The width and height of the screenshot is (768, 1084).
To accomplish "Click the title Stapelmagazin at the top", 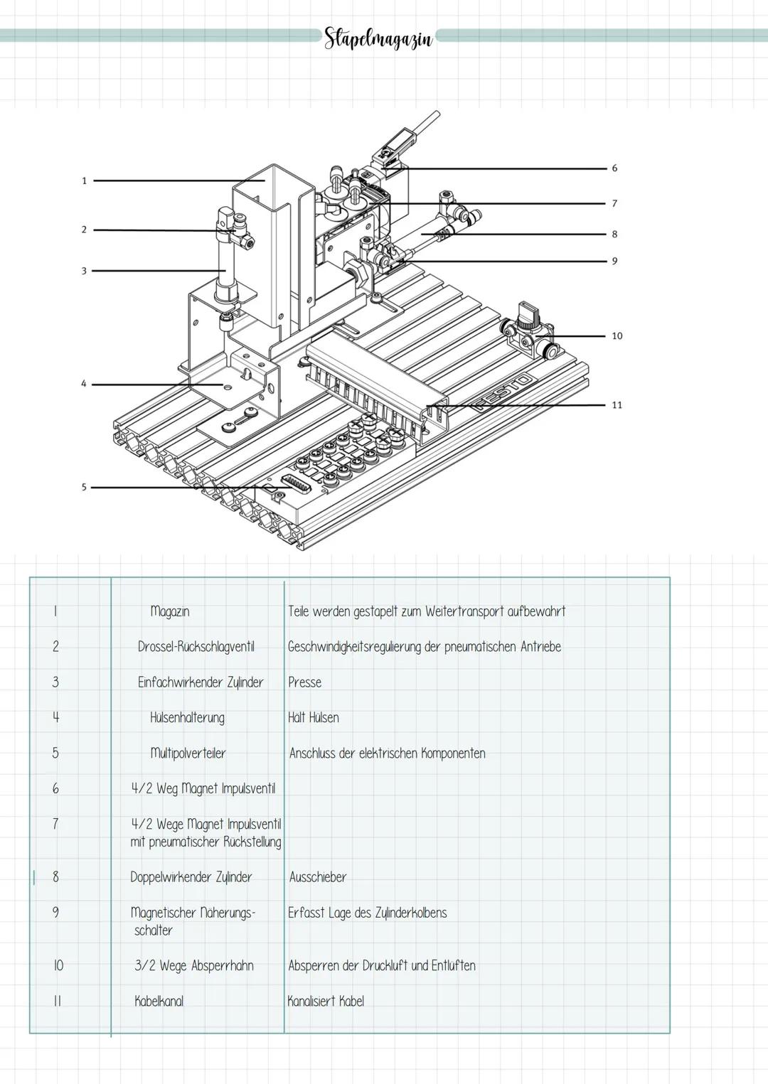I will click(x=378, y=38).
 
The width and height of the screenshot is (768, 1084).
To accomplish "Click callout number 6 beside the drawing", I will click(x=614, y=168).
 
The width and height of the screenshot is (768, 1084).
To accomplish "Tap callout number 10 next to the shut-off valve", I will click(x=617, y=336).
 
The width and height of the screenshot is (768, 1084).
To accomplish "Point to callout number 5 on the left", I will click(x=83, y=488).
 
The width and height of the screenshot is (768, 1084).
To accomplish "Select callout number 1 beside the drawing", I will click(x=84, y=181).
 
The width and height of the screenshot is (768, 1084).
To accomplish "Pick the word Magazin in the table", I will click(x=170, y=611).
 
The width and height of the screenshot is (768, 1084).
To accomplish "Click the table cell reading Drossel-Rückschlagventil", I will click(x=196, y=647).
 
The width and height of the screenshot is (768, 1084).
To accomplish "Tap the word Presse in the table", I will click(x=304, y=682).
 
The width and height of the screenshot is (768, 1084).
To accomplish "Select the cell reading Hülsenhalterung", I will click(x=187, y=718).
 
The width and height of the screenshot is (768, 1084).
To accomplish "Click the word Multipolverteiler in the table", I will click(x=188, y=753).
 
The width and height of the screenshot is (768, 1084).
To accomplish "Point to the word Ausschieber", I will click(x=318, y=877).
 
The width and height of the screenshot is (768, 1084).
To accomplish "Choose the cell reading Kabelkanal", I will click(x=159, y=1002).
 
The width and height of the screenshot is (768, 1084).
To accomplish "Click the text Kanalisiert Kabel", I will click(x=326, y=1002).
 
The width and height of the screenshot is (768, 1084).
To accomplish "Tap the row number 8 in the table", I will click(x=55, y=877).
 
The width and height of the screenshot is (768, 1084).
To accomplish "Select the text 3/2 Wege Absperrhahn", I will click(x=194, y=966).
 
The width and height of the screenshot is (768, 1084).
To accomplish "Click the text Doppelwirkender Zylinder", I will click(x=191, y=877).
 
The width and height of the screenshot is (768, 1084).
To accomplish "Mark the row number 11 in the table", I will click(x=58, y=1002).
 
